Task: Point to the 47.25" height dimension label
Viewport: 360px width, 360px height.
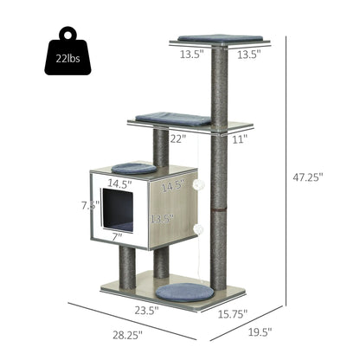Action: click(306, 177)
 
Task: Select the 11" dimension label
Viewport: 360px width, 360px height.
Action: click(239, 138)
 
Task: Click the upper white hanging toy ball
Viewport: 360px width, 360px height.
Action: click(197, 183)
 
